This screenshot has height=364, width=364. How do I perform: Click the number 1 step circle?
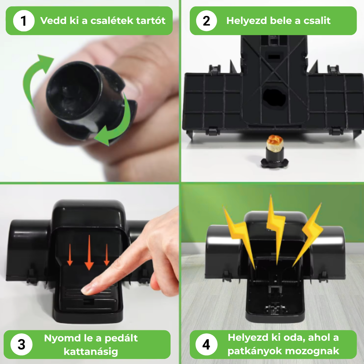[24, 21]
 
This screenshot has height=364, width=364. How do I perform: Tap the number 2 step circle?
[206, 21]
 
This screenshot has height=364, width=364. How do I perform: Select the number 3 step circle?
[21, 344]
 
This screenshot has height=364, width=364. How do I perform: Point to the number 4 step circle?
[206, 344]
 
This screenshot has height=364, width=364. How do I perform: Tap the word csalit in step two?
[317, 21]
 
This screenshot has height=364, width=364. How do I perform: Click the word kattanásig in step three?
[91, 352]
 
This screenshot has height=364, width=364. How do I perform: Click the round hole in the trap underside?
[274, 97]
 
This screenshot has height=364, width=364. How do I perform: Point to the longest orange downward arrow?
[89, 252]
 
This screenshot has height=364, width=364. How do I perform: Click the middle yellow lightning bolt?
[276, 230]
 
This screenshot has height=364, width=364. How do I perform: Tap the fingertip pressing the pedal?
[86, 290]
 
